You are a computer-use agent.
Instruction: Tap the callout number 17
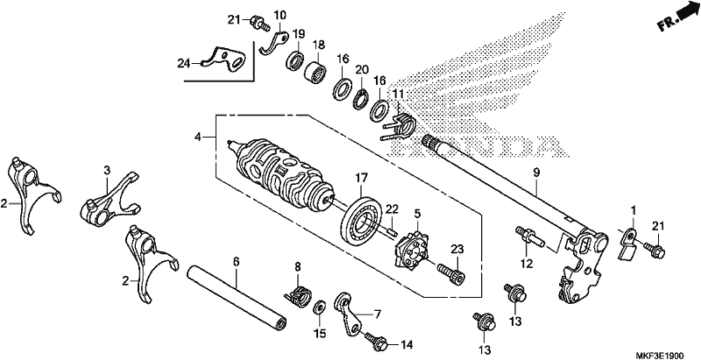(361, 178)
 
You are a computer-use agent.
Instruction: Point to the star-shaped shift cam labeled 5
(410, 250)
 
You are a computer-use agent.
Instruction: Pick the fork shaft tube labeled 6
(237, 299)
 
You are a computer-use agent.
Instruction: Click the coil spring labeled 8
(298, 296)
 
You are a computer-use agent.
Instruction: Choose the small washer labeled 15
(320, 307)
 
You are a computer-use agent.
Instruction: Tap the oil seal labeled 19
(296, 60)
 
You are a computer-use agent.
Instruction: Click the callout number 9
(536, 173)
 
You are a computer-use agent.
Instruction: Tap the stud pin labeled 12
(530, 236)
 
